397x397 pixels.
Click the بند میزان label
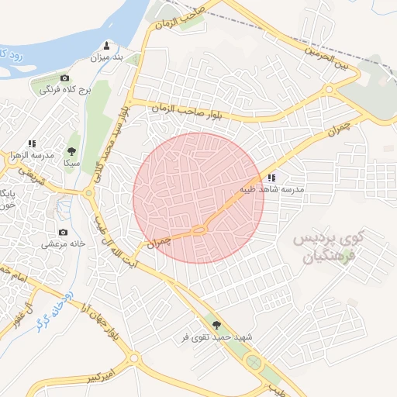(x=107, y=57)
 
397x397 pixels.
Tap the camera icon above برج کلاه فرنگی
(x=64, y=78)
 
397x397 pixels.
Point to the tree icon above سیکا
(x=72, y=152)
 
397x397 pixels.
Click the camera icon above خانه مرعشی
(x=63, y=232)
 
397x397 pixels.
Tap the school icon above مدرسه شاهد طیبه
(x=271, y=178)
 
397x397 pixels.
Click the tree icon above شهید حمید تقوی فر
(x=216, y=325)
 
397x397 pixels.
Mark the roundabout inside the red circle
(x=199, y=229)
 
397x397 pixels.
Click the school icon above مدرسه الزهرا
(x=33, y=143)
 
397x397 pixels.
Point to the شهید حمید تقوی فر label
(x=206, y=337)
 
